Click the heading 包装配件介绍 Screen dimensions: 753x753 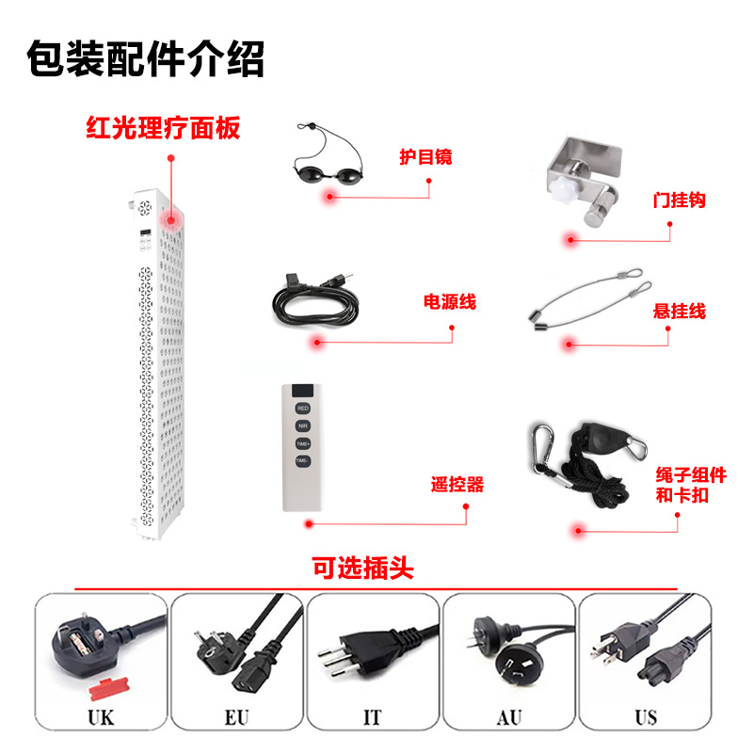tap(145, 58)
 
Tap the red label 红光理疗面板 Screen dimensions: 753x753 tap(163, 128)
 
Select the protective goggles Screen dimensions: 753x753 tap(328, 158)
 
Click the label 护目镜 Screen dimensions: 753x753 tap(425, 157)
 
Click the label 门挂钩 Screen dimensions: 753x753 tap(679, 200)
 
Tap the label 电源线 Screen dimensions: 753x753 tap(450, 301)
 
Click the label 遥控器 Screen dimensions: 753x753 tap(457, 484)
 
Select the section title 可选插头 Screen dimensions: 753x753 tap(363, 569)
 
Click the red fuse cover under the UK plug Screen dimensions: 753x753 tap(109, 689)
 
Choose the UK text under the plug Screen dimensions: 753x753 tap(101, 718)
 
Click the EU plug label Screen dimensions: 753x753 tap(237, 718)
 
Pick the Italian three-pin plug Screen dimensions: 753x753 tap(365, 649)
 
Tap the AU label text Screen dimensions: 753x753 tap(509, 718)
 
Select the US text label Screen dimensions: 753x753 tap(646, 718)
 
